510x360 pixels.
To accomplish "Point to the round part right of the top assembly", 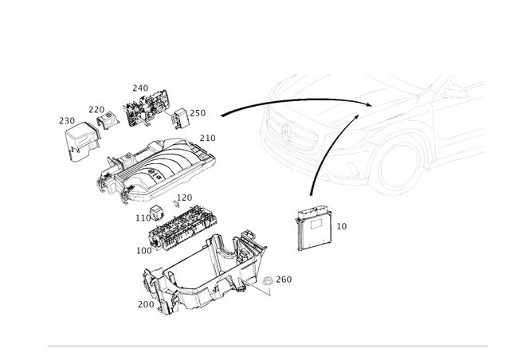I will pyautogui.click(x=182, y=117).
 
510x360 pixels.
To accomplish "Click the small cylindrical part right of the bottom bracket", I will pyautogui.click(x=268, y=280).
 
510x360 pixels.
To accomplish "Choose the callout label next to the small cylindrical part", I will pyautogui.click(x=287, y=279).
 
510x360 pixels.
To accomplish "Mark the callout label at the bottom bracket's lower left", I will pyautogui.click(x=143, y=303).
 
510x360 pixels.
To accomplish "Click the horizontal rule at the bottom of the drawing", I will pyautogui.click(x=267, y=346).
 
